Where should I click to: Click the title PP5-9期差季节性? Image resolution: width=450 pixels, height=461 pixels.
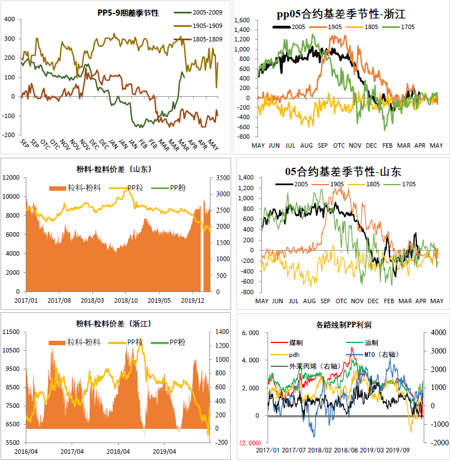pos(128,12)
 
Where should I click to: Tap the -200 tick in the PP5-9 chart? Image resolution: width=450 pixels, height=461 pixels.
pos(10,135)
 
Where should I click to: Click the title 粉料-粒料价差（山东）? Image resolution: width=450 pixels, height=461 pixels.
pos(115,168)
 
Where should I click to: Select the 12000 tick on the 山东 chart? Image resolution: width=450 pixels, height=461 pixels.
pos(11,177)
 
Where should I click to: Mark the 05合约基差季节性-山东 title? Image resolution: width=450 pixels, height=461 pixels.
pos(341,171)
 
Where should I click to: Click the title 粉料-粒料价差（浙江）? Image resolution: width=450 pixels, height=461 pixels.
pos(115,323)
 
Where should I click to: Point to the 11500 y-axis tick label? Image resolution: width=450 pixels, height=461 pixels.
pos(11,332)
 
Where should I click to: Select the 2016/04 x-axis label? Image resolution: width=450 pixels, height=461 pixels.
pos(26,451)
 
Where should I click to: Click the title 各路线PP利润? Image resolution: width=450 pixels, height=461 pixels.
pos(343,324)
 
